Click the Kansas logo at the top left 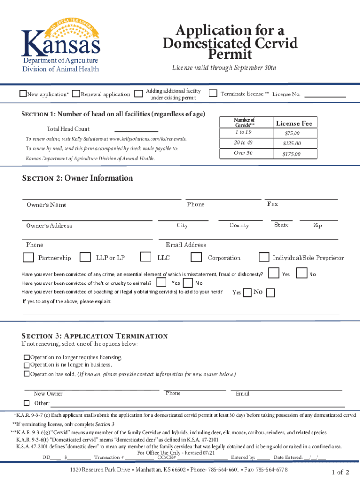61,45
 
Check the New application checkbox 23,94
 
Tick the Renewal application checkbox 77,94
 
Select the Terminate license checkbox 213,94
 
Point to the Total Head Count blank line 136,130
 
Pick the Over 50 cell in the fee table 243,153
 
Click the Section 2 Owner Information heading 78,178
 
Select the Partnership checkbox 29,257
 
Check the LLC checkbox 146,257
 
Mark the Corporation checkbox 196,257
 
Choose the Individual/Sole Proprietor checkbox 264,257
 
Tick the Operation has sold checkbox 27,374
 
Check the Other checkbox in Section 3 27,403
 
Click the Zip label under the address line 317,225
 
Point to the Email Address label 186,245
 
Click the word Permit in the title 230,55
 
